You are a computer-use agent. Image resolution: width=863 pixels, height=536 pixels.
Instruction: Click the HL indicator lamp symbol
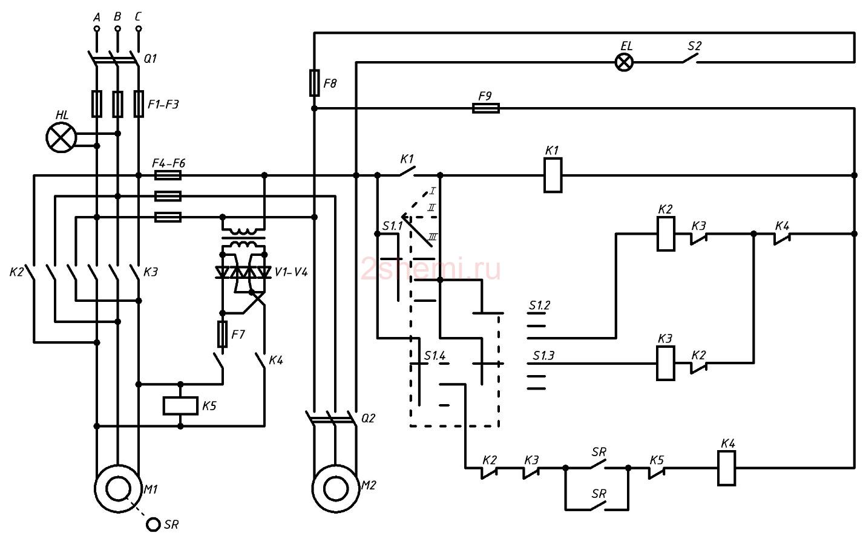tap(61, 137)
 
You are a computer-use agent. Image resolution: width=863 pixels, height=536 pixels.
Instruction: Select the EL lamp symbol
tap(624, 62)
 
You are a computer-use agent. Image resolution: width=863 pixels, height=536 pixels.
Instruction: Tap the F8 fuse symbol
tap(314, 83)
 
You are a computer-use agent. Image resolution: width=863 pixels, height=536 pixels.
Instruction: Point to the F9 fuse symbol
tap(486, 108)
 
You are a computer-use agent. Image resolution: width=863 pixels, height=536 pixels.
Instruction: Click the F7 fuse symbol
tap(222, 334)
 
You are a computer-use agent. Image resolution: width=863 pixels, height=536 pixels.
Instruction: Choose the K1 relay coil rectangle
tap(553, 175)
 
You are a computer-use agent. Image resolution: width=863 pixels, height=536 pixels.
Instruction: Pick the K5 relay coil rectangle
tap(180, 405)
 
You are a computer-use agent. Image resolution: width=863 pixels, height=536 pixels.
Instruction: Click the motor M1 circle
tap(118, 489)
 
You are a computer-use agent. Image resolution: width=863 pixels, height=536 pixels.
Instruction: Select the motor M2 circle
tap(335, 489)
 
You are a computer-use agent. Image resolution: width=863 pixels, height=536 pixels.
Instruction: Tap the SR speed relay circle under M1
tap(153, 524)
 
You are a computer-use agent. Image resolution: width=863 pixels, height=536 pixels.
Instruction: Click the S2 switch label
tap(694, 46)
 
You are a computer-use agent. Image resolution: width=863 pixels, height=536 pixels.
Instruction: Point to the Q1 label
tap(150, 59)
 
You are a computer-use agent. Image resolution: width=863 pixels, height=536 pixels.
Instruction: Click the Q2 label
tap(368, 418)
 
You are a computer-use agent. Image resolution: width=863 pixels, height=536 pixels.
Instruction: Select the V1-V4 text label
tap(291, 272)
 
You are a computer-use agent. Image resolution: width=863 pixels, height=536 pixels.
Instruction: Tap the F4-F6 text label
tap(169, 163)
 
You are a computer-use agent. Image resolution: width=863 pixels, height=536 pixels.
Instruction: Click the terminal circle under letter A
tap(97, 28)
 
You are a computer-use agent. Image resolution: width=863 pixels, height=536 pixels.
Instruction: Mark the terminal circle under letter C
tap(139, 28)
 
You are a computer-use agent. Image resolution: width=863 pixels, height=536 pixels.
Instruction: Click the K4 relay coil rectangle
tap(726, 468)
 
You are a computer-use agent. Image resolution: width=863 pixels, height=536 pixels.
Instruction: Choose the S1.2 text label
tap(539, 306)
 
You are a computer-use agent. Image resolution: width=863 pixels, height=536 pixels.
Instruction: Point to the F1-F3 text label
tap(163, 104)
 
